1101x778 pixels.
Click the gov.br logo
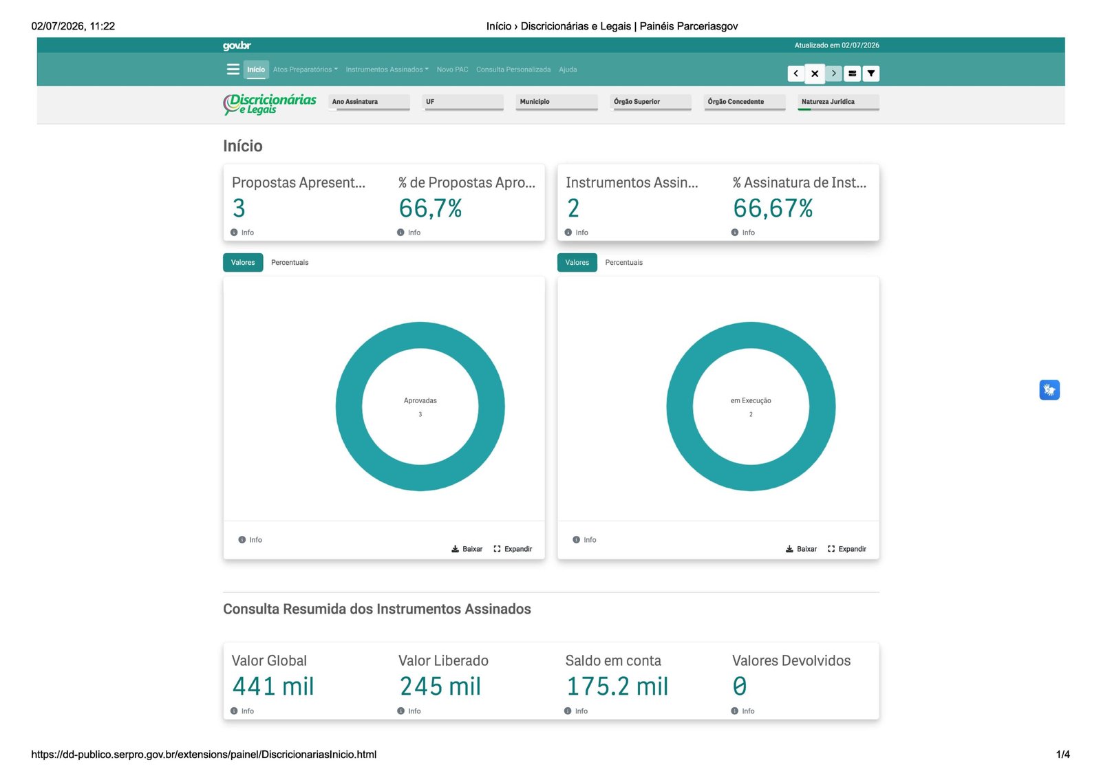(237, 45)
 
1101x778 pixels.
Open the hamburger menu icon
(233, 69)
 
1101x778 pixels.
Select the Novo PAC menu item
(452, 69)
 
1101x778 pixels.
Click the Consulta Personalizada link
(513, 69)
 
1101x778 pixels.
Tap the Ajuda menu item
(568, 69)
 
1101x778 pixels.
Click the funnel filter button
(871, 73)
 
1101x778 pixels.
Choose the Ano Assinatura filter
(369, 102)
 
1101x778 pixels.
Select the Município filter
(557, 102)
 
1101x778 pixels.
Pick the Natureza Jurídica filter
(839, 102)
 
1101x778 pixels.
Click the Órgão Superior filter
(651, 102)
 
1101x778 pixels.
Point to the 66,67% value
(773, 208)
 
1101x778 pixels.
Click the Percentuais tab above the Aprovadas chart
(290, 263)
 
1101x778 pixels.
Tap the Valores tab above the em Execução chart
(577, 263)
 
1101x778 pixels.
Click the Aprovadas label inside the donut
(420, 400)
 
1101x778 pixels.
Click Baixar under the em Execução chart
(801, 549)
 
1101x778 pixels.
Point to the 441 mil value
(272, 686)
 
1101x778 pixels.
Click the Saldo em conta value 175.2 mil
(617, 686)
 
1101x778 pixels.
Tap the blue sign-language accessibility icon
(1049, 390)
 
